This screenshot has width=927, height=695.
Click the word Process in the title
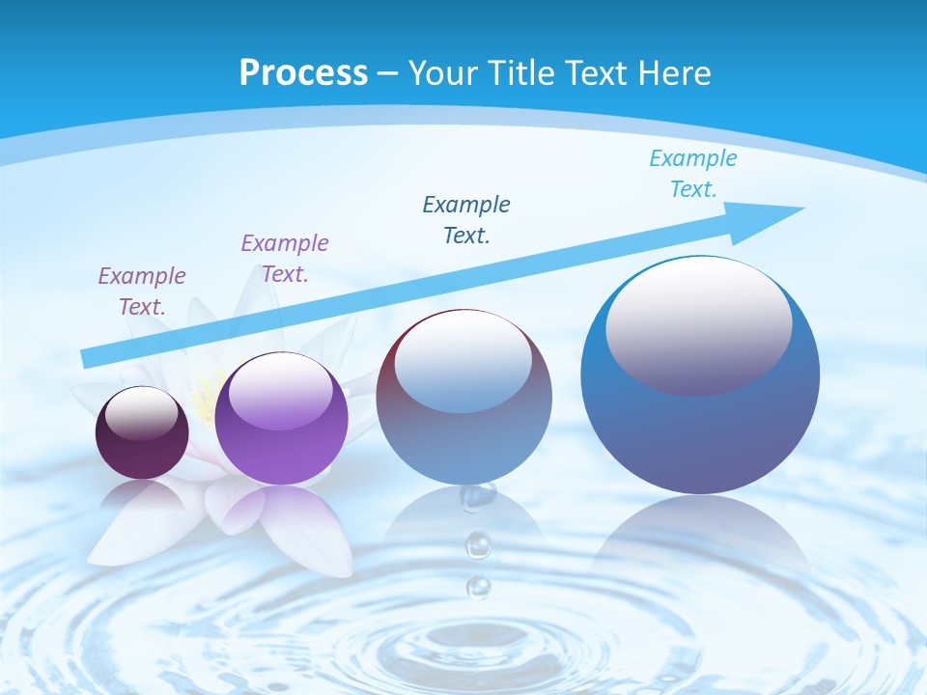[303, 72]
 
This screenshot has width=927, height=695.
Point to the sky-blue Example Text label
[693, 174]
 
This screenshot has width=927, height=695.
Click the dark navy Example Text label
[466, 219]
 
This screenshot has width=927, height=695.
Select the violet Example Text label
[285, 258]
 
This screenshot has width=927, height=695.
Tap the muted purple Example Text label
[142, 291]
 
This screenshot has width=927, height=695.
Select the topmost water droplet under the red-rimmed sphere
[477, 496]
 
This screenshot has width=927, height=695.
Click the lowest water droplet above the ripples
[478, 586]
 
